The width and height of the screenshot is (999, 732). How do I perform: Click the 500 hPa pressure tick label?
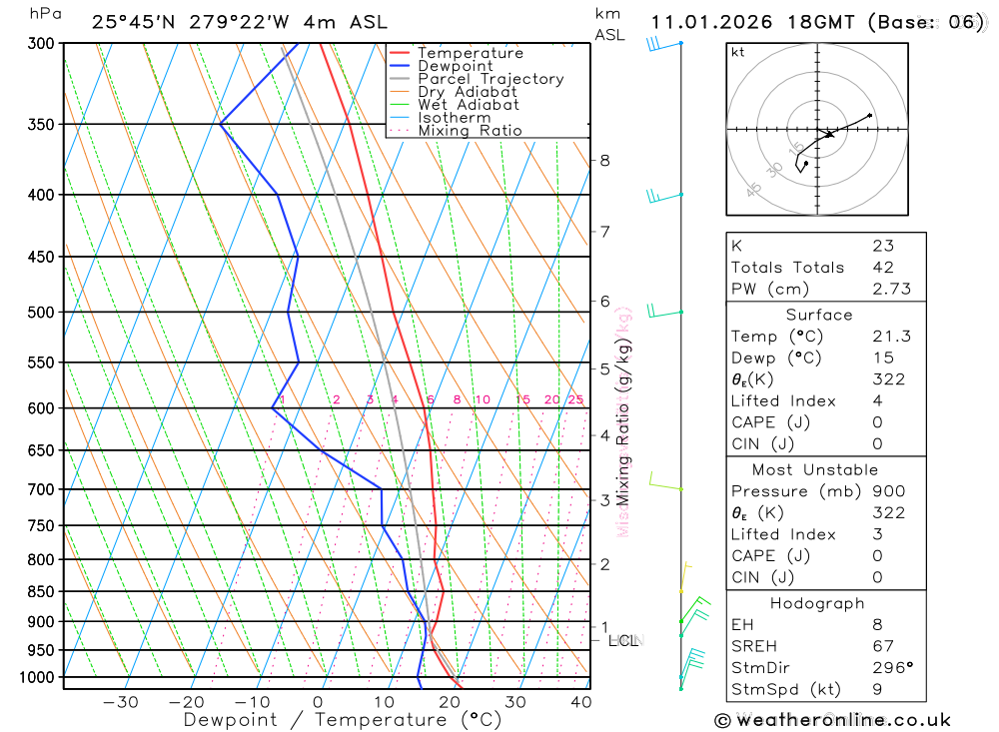click(42, 313)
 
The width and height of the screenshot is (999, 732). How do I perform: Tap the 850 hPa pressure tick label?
click(42, 592)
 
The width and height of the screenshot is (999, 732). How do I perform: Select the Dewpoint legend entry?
click(455, 66)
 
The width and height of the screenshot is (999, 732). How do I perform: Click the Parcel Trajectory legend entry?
click(491, 79)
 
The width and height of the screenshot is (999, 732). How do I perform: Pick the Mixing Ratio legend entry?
click(470, 131)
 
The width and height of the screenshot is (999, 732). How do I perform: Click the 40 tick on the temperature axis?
click(580, 702)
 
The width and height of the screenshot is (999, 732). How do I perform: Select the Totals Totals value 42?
click(882, 268)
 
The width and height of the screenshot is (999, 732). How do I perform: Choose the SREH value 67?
click(882, 646)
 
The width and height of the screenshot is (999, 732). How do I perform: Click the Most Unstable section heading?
click(815, 469)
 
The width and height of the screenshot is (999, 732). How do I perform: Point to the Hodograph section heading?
click(817, 603)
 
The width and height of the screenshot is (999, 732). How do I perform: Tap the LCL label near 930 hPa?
click(622, 640)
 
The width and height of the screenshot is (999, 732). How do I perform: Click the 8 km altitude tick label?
click(604, 160)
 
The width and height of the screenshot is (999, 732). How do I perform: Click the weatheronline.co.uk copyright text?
click(833, 720)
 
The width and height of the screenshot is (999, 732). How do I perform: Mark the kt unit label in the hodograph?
click(737, 52)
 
